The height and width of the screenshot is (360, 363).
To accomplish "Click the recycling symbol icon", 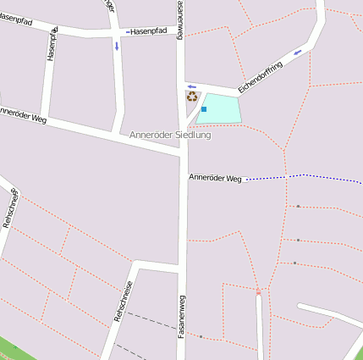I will coord(192,97).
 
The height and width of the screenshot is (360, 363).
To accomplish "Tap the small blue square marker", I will coord(204,109).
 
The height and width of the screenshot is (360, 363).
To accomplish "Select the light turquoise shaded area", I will coord(221,108).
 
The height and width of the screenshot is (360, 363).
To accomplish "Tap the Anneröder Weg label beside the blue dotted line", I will coord(216,179).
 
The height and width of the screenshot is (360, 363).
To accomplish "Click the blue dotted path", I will coord(305,176).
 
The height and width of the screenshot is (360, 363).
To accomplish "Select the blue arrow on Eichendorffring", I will coord(297,53).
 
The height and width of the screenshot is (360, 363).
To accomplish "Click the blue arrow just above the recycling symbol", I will coord(192,86).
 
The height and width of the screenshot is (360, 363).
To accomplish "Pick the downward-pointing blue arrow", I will coord(117,46).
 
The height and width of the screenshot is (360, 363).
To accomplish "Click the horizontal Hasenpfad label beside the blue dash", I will coord(151,31).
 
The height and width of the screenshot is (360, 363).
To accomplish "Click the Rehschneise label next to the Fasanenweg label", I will coord(123,302).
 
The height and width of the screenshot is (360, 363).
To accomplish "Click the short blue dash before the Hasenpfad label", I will coord(128,32).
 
